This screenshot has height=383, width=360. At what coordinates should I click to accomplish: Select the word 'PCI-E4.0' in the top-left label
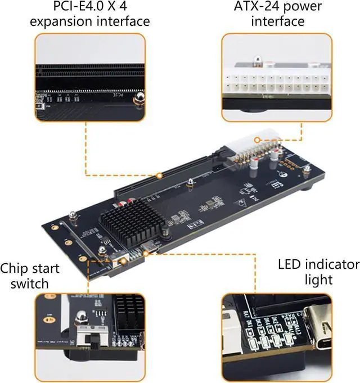(x=76, y=7)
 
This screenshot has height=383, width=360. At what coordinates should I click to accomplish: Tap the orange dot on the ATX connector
(x=256, y=140)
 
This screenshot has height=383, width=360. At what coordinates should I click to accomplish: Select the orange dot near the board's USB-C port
(x=146, y=254)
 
